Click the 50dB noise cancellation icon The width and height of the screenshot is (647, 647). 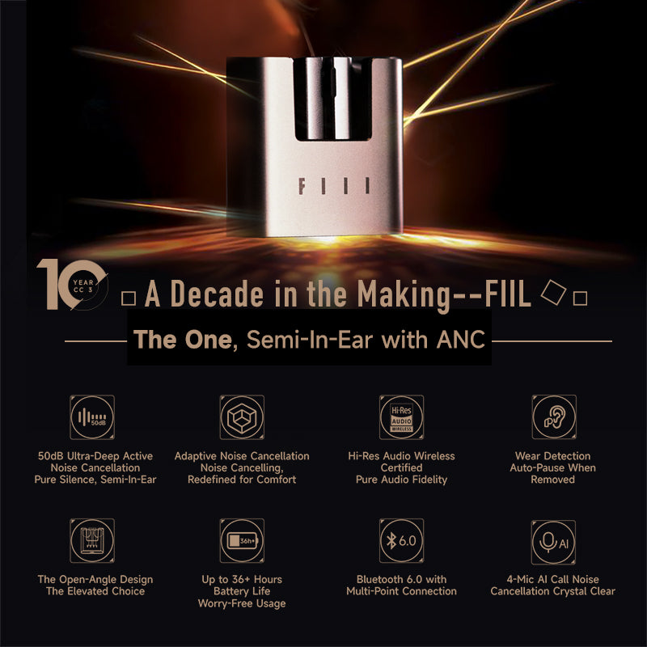point(92,417)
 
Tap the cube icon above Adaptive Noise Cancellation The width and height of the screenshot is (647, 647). point(242,417)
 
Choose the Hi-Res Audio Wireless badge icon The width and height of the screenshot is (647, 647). point(401,417)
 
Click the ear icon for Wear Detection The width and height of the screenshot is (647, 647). point(553,417)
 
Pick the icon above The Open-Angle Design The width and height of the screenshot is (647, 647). point(92,541)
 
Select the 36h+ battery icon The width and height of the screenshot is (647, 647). point(242,541)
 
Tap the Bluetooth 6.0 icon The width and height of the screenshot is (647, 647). point(401,541)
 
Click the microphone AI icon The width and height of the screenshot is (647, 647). point(553,541)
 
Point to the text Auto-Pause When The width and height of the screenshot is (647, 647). point(553,467)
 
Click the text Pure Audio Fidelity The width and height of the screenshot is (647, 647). point(402,480)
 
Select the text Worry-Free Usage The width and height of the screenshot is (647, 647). point(242,603)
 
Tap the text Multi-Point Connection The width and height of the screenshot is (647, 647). point(402,591)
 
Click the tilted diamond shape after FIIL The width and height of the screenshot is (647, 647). point(553,292)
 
